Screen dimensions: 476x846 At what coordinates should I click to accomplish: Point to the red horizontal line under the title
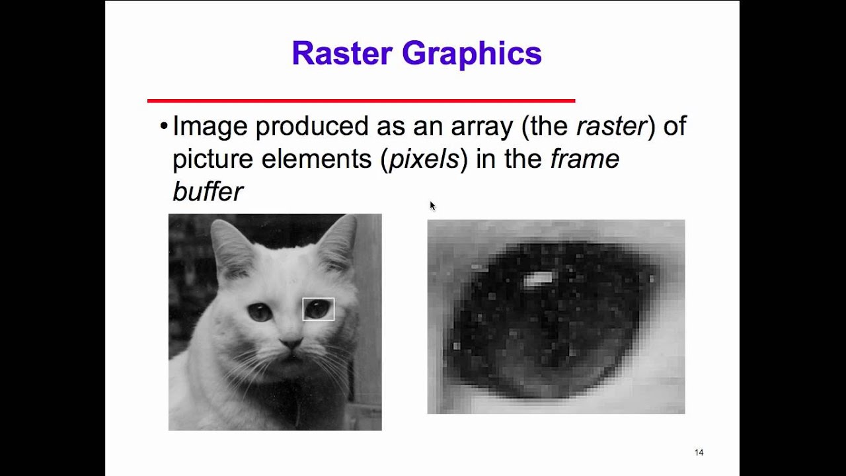click(361, 100)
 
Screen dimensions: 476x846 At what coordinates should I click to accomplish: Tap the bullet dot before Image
click(164, 126)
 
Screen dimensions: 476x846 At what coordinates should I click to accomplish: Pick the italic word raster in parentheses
click(611, 126)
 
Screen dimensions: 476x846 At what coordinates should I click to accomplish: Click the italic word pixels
click(424, 159)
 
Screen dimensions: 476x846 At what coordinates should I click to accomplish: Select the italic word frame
click(584, 159)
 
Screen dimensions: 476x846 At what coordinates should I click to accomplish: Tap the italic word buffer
click(208, 192)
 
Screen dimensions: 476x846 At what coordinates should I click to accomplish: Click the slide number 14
click(699, 452)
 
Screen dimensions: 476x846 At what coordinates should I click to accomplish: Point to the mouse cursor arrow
click(432, 206)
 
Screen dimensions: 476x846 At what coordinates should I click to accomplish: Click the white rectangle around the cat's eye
click(319, 299)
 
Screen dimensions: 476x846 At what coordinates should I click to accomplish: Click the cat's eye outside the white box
click(259, 312)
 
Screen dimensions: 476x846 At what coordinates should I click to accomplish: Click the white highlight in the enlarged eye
click(539, 280)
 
